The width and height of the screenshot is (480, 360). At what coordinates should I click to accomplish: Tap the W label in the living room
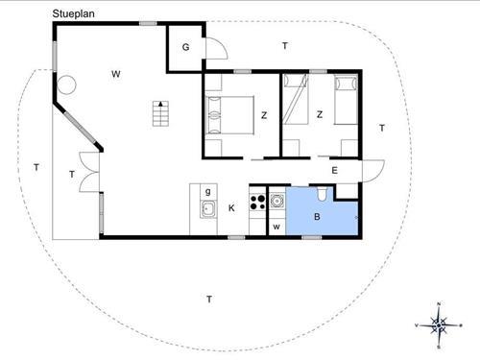click(x=115, y=74)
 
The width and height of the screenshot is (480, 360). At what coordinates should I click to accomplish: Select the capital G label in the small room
click(x=185, y=47)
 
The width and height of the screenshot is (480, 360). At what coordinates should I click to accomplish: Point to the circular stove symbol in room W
click(x=66, y=84)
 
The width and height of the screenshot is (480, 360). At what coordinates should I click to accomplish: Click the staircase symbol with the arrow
click(x=160, y=114)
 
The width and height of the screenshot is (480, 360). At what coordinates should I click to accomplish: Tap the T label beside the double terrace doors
click(x=72, y=174)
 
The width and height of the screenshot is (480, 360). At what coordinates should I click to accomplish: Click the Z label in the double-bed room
click(x=263, y=116)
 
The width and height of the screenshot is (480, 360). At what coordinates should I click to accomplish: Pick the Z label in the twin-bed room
click(x=318, y=115)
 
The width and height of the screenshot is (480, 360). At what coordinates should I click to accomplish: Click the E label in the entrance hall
click(x=334, y=171)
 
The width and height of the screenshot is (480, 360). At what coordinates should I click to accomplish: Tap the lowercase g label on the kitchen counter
click(x=207, y=191)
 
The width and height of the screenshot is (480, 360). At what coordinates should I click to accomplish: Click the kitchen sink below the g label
click(x=206, y=208)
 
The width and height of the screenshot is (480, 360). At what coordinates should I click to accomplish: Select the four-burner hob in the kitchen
click(x=257, y=203)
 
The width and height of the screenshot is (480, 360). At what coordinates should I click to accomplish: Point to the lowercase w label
click(x=276, y=227)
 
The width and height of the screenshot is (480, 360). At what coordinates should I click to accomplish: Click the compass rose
click(x=438, y=324)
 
